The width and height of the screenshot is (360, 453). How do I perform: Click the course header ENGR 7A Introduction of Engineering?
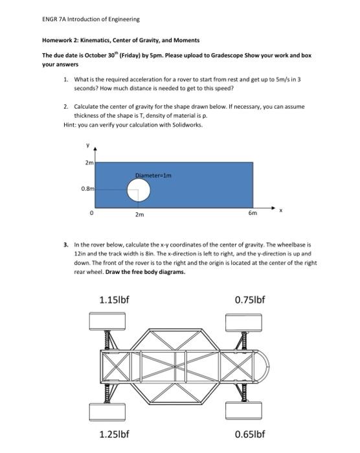pos(82,19)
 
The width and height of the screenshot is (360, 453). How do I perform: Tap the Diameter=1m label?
pos(153,174)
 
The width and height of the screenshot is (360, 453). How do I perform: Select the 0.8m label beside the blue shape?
pos(87,189)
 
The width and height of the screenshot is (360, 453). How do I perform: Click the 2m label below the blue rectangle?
pos(139,213)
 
